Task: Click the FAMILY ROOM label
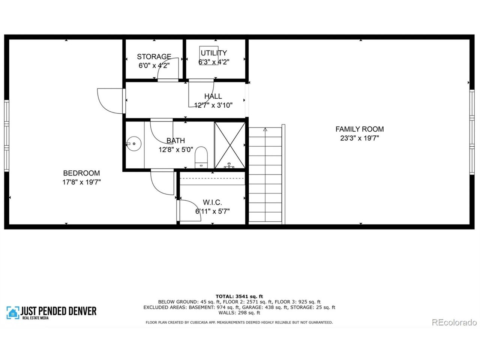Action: click(x=359, y=129)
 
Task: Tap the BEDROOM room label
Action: click(x=81, y=173)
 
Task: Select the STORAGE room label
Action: click(x=154, y=57)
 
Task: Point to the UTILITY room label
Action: click(x=213, y=53)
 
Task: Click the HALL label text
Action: click(x=213, y=96)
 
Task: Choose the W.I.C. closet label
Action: click(x=212, y=202)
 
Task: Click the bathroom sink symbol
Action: click(x=133, y=143)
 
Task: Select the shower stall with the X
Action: click(x=229, y=145)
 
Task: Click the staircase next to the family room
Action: click(x=265, y=176)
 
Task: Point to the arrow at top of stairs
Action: click(x=265, y=130)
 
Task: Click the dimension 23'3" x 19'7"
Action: click(x=359, y=138)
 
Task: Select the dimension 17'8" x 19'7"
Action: click(x=81, y=183)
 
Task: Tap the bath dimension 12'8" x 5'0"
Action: click(x=175, y=150)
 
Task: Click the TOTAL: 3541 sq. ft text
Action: click(x=239, y=296)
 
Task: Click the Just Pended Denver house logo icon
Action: click(x=13, y=312)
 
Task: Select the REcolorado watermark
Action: click(x=454, y=322)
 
